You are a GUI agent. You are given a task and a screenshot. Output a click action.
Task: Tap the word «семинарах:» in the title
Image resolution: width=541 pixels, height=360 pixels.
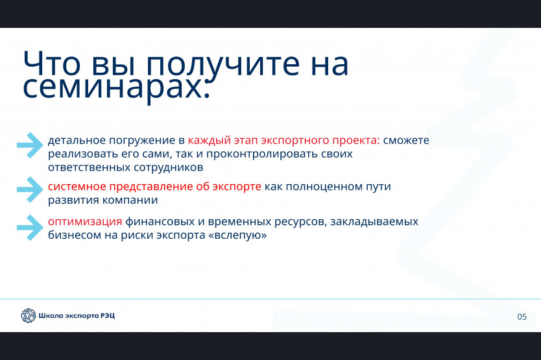[x=116, y=88]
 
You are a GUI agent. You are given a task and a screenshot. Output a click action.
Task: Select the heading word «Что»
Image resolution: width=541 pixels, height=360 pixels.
[x=52, y=64]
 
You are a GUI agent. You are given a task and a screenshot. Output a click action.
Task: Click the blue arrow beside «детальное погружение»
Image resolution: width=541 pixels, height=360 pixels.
[x=30, y=145]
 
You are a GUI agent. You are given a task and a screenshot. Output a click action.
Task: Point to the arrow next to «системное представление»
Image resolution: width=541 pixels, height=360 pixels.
[x=30, y=189]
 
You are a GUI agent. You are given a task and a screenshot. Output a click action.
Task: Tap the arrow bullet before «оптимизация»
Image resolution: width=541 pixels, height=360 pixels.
[x=30, y=228]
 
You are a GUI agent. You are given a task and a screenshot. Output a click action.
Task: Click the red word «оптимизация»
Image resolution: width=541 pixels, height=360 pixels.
[x=85, y=222]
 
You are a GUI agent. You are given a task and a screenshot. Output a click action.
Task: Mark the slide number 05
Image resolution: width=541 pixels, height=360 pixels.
[x=522, y=317]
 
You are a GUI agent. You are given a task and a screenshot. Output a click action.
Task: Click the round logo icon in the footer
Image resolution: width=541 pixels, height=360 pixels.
[x=29, y=315]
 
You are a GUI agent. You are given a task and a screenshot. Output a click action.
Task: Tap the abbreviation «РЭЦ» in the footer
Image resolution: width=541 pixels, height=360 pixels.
[x=108, y=315]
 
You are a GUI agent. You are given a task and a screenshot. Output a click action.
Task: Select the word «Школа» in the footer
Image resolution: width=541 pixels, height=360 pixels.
[x=46, y=315]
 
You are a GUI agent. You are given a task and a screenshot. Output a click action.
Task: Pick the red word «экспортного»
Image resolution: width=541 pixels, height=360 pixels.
[x=295, y=141]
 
